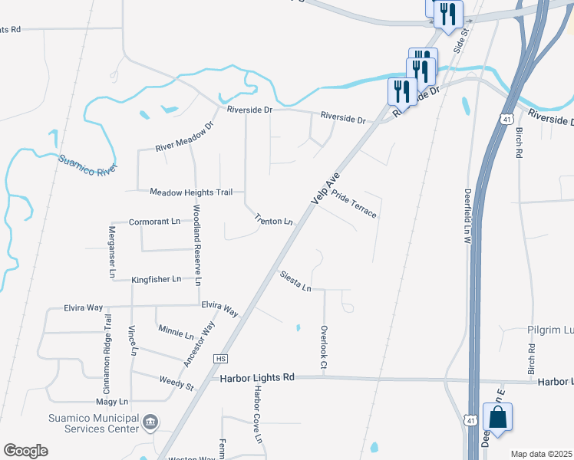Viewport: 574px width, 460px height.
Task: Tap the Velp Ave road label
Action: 326,186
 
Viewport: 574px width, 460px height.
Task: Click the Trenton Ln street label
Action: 274,221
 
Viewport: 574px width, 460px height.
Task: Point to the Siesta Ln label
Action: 295,281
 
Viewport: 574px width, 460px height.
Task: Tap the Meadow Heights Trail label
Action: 191,192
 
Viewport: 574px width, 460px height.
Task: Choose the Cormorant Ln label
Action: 154,221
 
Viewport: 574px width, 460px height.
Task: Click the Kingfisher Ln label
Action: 156,280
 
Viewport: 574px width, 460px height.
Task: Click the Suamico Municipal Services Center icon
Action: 150,422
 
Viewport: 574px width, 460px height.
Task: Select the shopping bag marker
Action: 497,419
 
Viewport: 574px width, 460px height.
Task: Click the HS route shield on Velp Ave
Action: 221,359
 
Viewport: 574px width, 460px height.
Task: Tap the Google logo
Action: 25,451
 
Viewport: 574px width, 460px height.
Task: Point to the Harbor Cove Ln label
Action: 258,412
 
